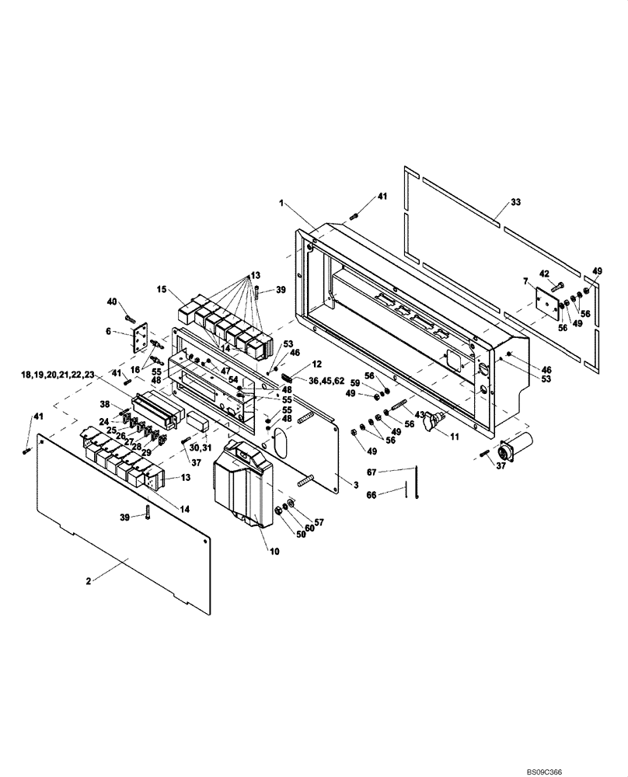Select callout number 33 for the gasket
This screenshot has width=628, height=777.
pyautogui.click(x=515, y=202)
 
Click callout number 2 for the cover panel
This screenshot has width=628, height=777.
pyautogui.click(x=90, y=580)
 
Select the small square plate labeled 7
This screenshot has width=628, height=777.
pyautogui.click(x=548, y=303)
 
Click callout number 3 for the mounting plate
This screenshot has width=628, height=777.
pyautogui.click(x=355, y=484)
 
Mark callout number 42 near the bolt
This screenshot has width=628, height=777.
pyautogui.click(x=544, y=273)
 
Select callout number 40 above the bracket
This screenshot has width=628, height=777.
pyautogui.click(x=112, y=301)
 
